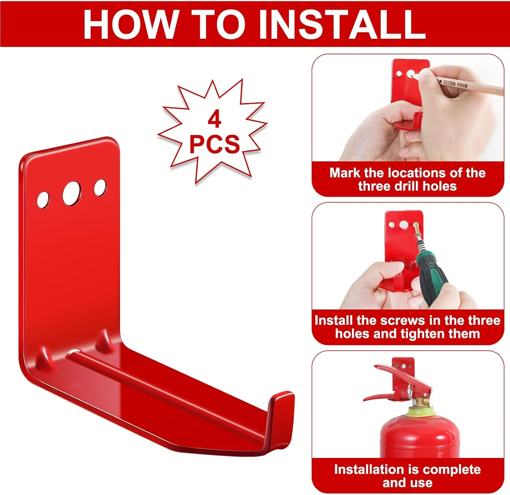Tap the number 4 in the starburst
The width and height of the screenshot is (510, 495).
(215, 119)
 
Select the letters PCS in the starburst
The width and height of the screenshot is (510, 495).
(215, 144)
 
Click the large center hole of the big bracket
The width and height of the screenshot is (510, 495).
(72, 193)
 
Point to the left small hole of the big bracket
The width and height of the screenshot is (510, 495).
(43, 200)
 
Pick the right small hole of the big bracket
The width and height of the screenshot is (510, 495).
(100, 188)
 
